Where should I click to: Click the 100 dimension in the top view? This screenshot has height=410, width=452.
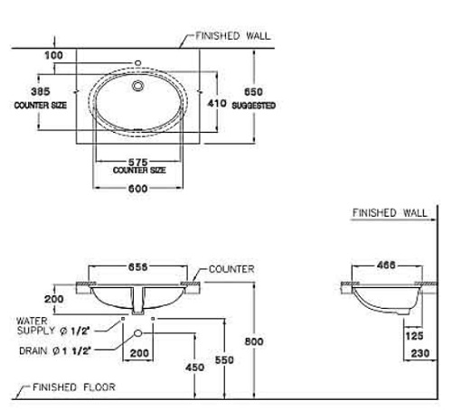(x=55, y=56)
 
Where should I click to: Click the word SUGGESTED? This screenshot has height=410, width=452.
(x=254, y=106)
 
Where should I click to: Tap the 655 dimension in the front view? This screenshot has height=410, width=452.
(x=138, y=268)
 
